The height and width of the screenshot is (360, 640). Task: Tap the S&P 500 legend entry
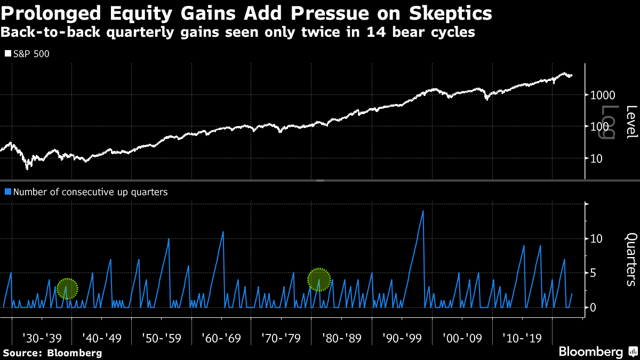point(27,54)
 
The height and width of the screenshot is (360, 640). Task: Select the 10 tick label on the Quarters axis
point(597,238)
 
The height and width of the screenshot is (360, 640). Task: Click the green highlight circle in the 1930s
point(67,289)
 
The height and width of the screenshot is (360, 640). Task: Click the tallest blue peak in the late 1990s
point(423,211)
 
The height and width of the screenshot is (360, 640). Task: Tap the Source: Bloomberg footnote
point(52,353)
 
